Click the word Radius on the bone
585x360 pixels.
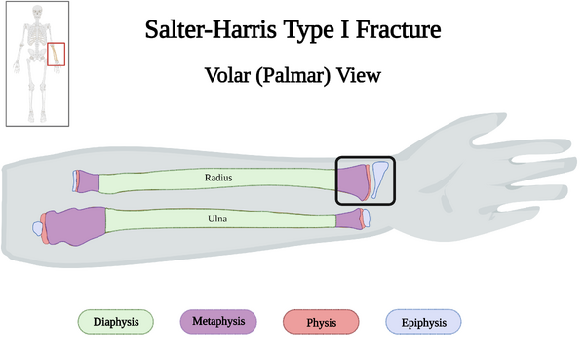218,178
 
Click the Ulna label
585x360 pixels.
218,219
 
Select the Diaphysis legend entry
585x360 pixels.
116,322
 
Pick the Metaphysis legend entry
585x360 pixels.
218,321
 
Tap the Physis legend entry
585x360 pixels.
321,322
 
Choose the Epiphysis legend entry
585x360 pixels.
423,322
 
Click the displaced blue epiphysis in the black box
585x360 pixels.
379,180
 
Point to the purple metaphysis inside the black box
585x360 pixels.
351,181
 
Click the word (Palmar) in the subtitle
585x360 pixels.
296,75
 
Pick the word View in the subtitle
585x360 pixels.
360,75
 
